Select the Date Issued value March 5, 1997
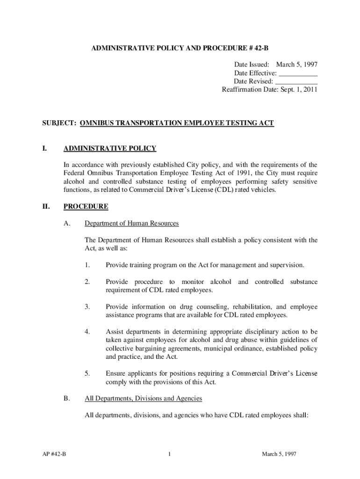tap(297, 65)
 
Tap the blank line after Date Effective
tap(298, 74)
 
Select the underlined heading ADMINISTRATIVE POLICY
tap(109, 149)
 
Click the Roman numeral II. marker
tap(46, 206)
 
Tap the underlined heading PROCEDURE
tap(86, 206)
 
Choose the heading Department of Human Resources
tap(131, 224)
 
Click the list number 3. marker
tap(87, 307)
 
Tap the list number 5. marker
tap(87, 373)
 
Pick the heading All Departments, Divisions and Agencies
tap(143, 399)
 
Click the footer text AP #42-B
tap(53, 454)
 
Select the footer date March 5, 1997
tap(279, 454)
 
